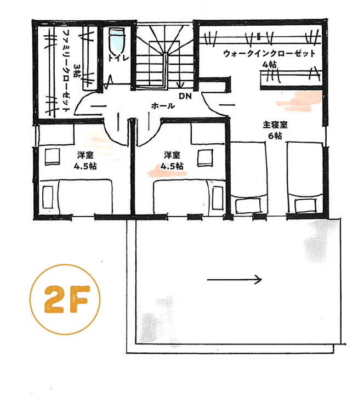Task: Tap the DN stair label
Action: (x=184, y=97)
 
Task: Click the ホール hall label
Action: (x=163, y=106)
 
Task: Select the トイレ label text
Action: (x=118, y=57)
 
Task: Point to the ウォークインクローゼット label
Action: (x=269, y=53)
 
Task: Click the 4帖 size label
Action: (x=269, y=65)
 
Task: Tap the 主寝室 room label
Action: (x=275, y=125)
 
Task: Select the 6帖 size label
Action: (x=275, y=136)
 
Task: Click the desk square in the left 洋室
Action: (x=51, y=157)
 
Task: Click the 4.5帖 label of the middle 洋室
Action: (x=172, y=166)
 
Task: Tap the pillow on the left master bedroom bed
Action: (x=248, y=206)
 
